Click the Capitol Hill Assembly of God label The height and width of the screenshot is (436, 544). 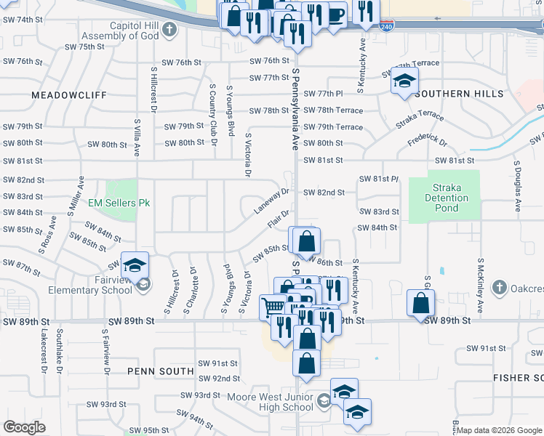(120, 31)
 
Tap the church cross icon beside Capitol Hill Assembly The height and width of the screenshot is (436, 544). (169, 30)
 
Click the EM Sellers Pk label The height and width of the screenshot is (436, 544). (119, 203)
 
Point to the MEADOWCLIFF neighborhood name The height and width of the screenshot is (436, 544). (69, 95)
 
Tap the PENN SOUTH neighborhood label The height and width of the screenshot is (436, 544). (161, 371)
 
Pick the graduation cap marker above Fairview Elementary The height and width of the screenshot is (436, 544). (135, 266)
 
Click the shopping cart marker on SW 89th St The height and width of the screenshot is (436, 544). (273, 307)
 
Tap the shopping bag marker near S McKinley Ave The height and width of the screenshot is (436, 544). (421, 303)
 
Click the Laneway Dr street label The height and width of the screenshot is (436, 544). (271, 201)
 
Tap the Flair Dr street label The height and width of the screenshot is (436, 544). (279, 218)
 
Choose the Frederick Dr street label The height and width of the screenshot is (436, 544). (427, 138)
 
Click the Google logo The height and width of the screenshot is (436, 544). (25, 427)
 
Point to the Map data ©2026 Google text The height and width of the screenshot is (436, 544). (499, 430)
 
